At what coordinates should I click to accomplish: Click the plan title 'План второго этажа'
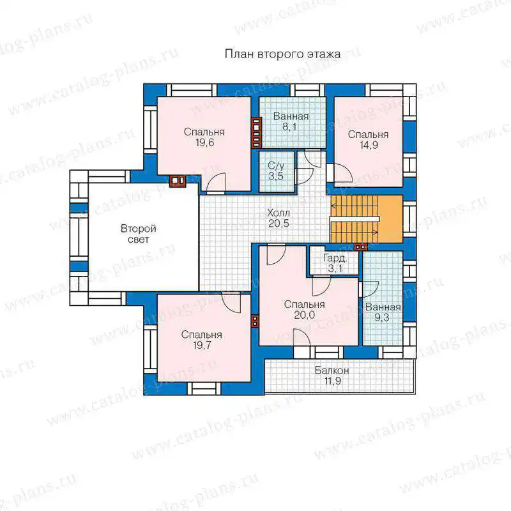[x=282, y=54]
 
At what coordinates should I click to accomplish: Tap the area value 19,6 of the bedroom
[x=204, y=142]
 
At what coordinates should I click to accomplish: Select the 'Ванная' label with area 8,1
[x=291, y=116]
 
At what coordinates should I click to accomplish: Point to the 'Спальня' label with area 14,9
[x=369, y=134]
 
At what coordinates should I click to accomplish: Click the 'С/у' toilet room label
[x=276, y=165]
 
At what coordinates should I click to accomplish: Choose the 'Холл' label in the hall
[x=278, y=213]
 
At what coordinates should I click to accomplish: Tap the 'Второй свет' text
[x=139, y=234]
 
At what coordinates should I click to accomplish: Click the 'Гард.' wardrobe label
[x=335, y=259]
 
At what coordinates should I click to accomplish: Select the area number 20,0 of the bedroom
[x=305, y=315]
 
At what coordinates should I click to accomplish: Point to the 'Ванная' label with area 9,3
[x=383, y=307]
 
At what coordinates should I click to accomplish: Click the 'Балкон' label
[x=332, y=370]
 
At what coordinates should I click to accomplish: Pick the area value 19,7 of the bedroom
[x=202, y=345]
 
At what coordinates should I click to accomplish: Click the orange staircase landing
[x=391, y=219]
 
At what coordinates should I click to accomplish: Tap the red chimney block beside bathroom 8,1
[x=257, y=133]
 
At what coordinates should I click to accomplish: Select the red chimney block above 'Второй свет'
[x=178, y=181]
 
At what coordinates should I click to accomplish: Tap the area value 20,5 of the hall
[x=278, y=224]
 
